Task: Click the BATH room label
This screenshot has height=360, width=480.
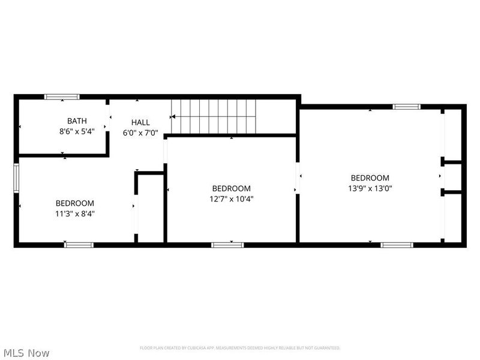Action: click(x=76, y=121)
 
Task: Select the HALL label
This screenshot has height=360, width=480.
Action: click(x=140, y=122)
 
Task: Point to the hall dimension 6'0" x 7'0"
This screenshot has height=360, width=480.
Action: click(x=140, y=133)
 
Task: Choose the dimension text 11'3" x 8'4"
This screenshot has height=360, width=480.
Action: click(x=75, y=213)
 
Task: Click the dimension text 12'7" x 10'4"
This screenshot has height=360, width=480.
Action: click(x=232, y=199)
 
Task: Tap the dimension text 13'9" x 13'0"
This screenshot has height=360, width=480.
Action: click(x=370, y=188)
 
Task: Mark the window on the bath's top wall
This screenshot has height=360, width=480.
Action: click(x=62, y=96)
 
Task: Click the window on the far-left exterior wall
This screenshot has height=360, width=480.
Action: click(x=16, y=178)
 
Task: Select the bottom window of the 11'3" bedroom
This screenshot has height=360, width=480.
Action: click(x=79, y=244)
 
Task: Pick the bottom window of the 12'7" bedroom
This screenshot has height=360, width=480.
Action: click(x=227, y=244)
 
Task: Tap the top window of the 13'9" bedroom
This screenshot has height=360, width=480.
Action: click(x=407, y=107)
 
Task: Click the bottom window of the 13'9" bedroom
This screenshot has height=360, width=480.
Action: click(x=397, y=244)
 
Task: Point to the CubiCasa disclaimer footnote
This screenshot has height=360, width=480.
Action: click(x=240, y=348)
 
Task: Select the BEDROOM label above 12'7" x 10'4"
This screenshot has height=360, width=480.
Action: click(x=232, y=188)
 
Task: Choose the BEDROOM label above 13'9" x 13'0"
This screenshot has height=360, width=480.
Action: click(x=370, y=178)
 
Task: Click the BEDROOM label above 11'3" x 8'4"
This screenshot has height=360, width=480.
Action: click(x=75, y=203)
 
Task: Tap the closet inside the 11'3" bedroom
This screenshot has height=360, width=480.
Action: click(x=151, y=208)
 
